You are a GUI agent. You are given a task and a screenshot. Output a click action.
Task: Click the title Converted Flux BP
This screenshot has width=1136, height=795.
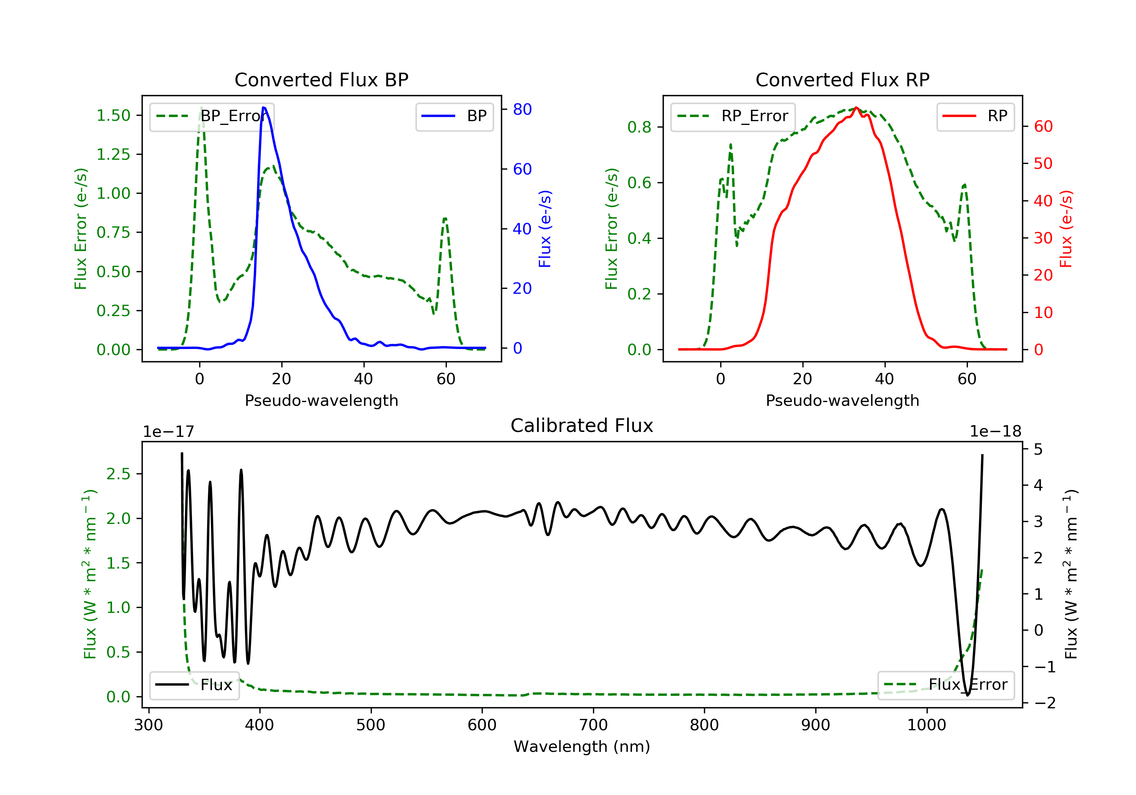[321, 79]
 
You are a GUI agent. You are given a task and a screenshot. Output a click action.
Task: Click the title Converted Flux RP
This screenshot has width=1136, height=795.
[843, 79]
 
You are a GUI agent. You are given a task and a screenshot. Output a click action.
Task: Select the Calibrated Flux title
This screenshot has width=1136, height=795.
[582, 426]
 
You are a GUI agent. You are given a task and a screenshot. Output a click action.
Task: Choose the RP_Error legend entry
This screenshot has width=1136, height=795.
[733, 116]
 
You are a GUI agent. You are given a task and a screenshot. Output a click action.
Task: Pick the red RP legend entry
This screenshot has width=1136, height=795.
[975, 116]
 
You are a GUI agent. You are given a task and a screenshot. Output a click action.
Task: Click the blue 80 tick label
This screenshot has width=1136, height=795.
[522, 109]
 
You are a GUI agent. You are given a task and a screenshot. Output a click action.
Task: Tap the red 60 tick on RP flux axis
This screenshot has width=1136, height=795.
[1043, 127]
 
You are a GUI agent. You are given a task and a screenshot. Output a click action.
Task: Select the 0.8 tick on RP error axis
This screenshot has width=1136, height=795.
[639, 127]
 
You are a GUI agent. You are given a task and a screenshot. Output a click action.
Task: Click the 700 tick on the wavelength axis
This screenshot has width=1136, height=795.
[593, 725]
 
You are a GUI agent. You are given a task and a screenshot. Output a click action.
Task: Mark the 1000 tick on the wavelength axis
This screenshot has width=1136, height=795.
[927, 725]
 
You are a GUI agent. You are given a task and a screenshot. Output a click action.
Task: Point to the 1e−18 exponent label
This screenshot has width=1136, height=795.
[996, 432]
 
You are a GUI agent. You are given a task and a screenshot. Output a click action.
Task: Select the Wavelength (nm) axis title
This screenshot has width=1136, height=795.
[582, 747]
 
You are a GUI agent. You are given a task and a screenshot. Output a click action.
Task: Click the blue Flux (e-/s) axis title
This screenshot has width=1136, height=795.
[545, 229]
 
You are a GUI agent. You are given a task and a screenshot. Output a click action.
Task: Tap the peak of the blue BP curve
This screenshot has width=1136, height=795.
[264, 108]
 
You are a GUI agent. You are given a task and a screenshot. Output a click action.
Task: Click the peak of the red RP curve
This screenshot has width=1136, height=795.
[857, 108]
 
